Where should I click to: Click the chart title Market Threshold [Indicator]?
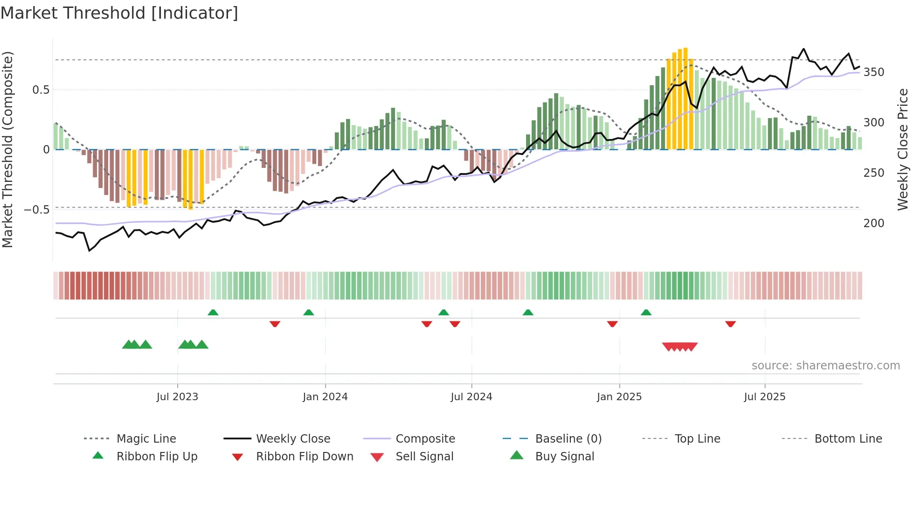click(x=119, y=13)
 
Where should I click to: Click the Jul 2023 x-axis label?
click(x=177, y=397)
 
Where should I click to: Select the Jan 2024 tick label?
click(x=325, y=397)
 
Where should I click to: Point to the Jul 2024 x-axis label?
click(x=471, y=397)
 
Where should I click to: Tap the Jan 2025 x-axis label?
click(x=619, y=397)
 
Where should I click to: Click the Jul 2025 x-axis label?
click(x=765, y=397)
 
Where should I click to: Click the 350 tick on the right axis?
click(x=874, y=72)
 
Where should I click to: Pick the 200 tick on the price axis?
click(x=874, y=223)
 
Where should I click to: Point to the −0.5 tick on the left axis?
click(x=36, y=210)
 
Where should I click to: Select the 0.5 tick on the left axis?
click(x=41, y=90)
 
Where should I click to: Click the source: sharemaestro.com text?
click(x=825, y=366)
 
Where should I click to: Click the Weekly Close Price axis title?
click(x=903, y=149)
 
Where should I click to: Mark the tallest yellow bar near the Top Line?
click(x=685, y=98)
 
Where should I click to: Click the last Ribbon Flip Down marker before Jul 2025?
click(x=730, y=324)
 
